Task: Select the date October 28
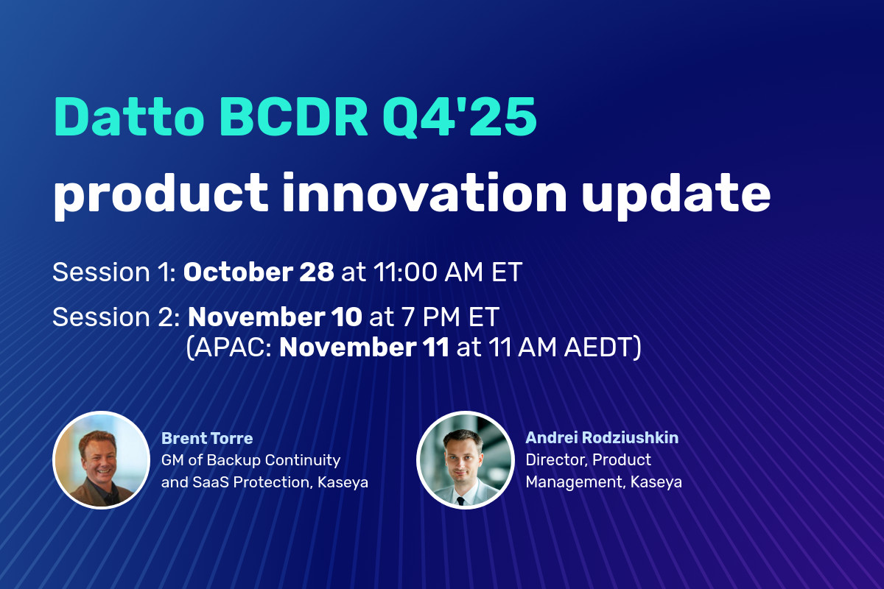coord(259,272)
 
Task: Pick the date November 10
coord(275,317)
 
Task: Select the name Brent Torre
coord(207,439)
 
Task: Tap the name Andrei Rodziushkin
coord(602,438)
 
